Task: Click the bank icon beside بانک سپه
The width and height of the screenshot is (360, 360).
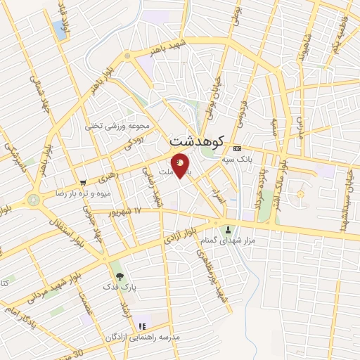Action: point(237,148)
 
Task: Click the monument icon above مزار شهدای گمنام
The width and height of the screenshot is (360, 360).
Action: point(228,230)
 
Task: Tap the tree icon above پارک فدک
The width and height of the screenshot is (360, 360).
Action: point(118,276)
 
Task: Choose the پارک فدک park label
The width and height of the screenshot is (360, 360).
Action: point(117,287)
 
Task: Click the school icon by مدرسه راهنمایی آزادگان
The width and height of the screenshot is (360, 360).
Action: point(141,327)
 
